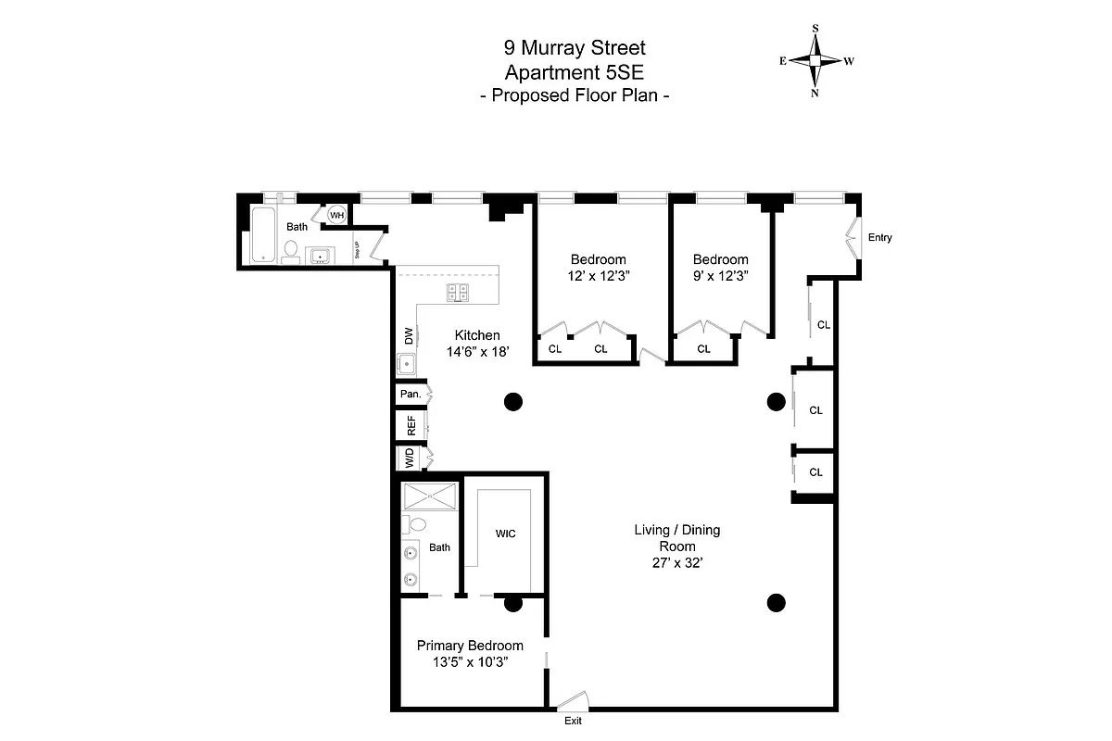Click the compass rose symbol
[x=815, y=60]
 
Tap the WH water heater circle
[x=336, y=215]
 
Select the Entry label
[x=879, y=238]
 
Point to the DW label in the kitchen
[x=407, y=334]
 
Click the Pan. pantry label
[x=410, y=394]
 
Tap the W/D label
[x=409, y=458]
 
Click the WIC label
[x=506, y=534]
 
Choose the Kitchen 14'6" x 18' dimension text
[x=477, y=344]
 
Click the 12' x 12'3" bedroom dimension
[x=598, y=276]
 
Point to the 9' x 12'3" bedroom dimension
[x=720, y=276]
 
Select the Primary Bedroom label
[x=470, y=646]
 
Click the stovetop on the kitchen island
[x=459, y=293]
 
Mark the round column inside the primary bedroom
[x=512, y=604]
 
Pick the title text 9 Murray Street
[x=574, y=47]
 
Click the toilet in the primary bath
[x=417, y=524]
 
